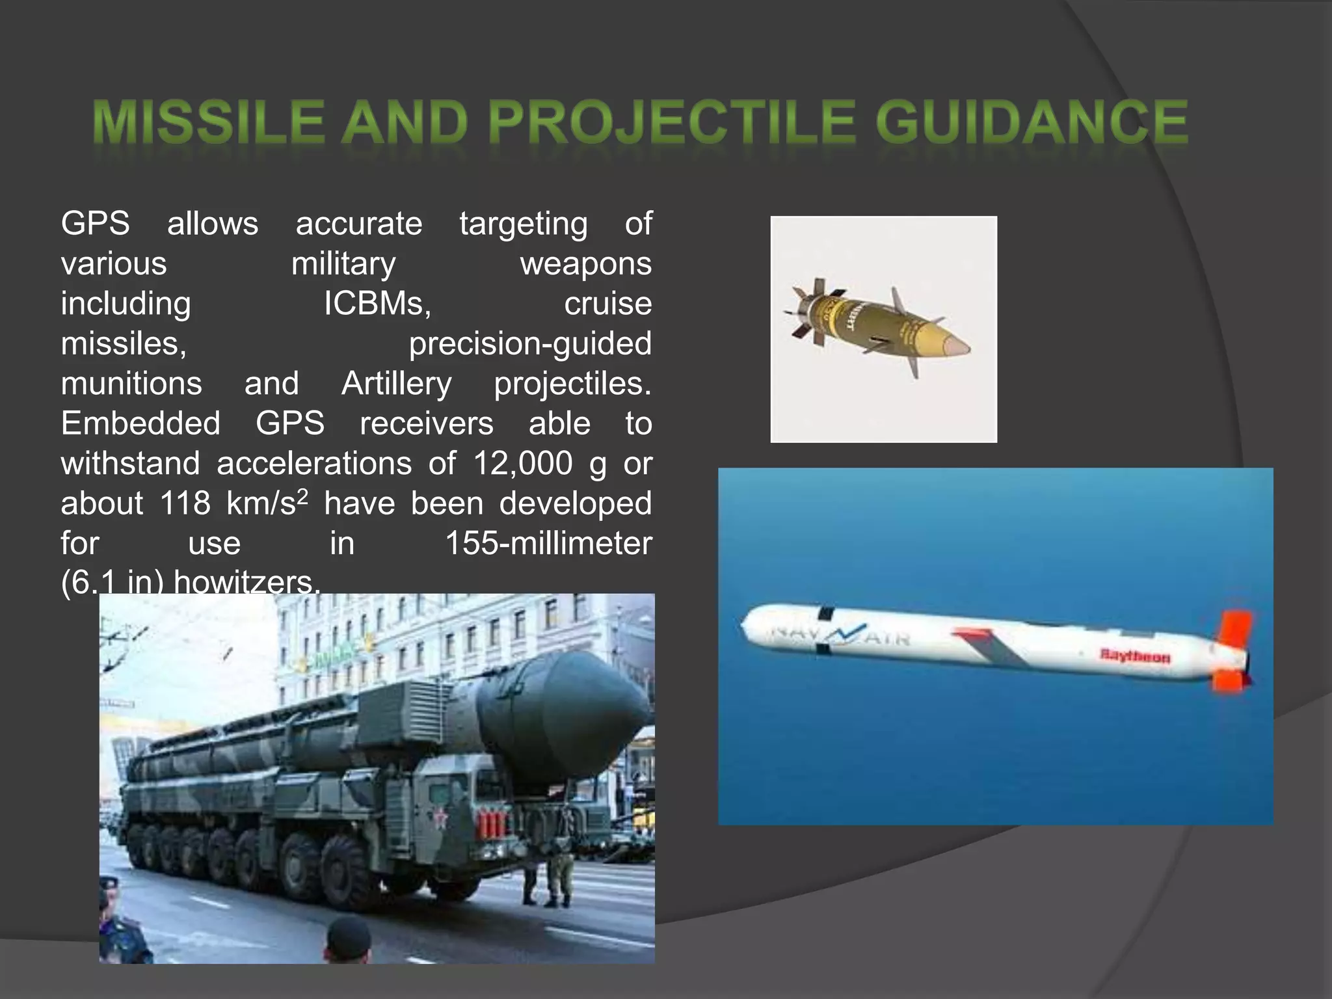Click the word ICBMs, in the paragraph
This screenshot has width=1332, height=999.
pyautogui.click(x=377, y=304)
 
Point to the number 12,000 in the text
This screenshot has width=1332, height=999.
pyautogui.click(x=522, y=464)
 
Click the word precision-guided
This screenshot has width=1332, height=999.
pyautogui.click(x=530, y=344)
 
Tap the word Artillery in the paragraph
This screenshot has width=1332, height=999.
pyautogui.click(x=396, y=384)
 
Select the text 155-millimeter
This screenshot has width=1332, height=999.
pyautogui.click(x=548, y=544)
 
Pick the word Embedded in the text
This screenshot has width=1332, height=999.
pyautogui.click(x=140, y=424)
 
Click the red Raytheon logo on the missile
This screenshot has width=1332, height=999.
pyautogui.click(x=1135, y=656)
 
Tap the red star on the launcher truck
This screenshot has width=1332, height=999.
pyautogui.click(x=440, y=816)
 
